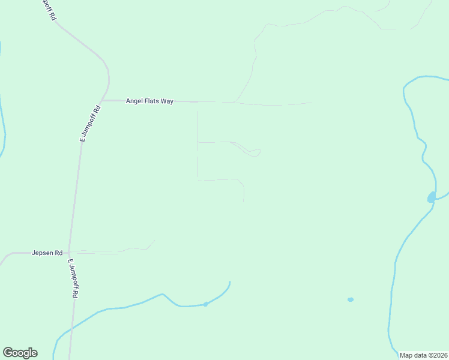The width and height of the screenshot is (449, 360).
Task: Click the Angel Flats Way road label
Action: (149, 101)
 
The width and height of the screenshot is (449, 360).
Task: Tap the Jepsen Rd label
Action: (47, 253)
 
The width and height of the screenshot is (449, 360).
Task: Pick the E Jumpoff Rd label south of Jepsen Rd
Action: (73, 279)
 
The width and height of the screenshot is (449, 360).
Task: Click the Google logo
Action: (20, 353)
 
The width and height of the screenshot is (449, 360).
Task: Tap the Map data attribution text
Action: (423, 355)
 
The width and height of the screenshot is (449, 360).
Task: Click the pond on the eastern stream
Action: (432, 197)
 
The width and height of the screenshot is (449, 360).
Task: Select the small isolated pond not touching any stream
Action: (351, 299)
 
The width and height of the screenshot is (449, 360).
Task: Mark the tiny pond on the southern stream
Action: (205, 304)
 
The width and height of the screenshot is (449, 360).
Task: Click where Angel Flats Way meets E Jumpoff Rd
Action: (103, 100)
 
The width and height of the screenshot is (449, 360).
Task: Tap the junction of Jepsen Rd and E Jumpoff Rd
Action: (69, 253)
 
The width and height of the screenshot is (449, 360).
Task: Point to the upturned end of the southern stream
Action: (229, 282)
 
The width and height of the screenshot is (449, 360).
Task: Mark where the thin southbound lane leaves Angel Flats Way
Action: (197, 103)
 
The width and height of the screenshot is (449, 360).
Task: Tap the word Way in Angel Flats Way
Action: (167, 101)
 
